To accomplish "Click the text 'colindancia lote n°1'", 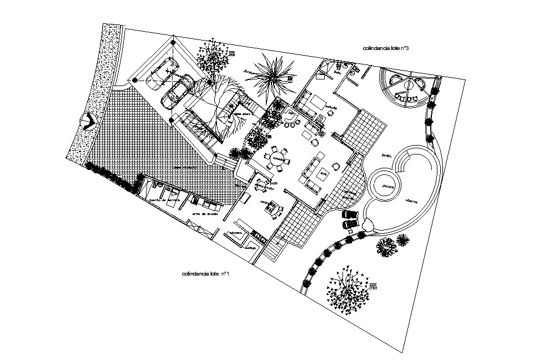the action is coord(205,274).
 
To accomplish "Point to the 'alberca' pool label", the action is coord(411,201).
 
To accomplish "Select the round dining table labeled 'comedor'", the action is coord(278,158).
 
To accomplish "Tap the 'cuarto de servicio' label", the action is coord(164,199).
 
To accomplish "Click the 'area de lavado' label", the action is coord(204,214).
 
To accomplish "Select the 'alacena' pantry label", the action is coord(235,233).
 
